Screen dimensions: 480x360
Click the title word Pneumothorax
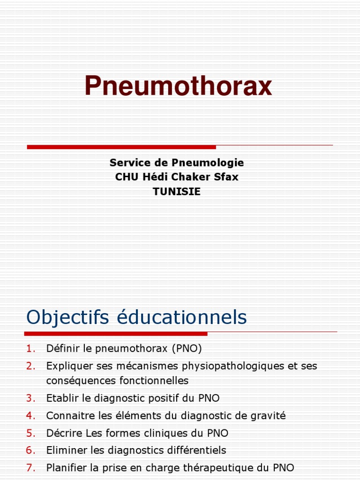(178, 86)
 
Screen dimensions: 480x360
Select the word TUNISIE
(177, 192)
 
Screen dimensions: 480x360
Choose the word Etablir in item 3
(60, 398)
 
